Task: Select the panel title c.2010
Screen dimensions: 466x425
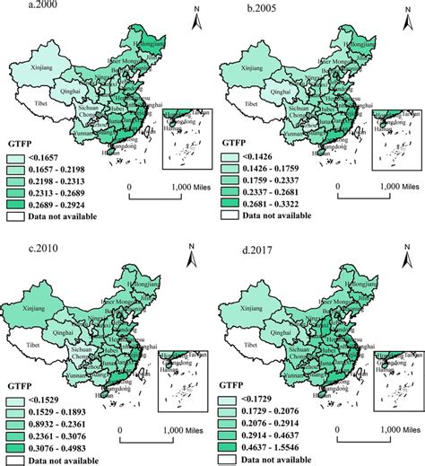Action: (x=22, y=238)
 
